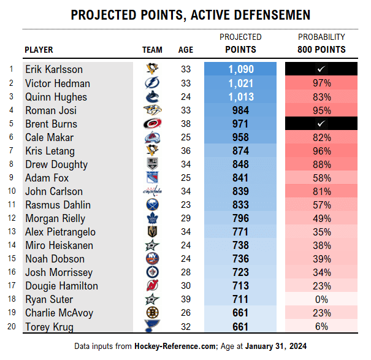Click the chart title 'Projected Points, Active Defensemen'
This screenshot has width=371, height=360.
coord(191,15)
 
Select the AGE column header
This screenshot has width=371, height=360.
coord(186,50)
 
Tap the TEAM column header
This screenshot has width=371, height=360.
coord(152,50)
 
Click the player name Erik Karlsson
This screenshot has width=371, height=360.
coord(54,70)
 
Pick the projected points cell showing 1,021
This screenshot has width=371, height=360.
coord(240,83)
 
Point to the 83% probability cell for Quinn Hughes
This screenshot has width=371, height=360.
coord(321,97)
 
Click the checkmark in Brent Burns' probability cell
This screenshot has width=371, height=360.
coord(321,124)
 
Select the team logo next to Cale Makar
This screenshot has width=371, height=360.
coord(152,137)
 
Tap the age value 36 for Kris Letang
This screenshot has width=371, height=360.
coord(186,151)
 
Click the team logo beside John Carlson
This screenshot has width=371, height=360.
coord(152,191)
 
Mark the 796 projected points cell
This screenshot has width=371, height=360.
coord(240,218)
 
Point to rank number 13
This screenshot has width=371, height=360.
coord(11,232)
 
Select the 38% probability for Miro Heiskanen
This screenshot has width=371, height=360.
coord(321,245)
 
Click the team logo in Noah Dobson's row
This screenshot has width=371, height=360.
coord(152,259)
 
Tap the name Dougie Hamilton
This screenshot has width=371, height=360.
coord(59,286)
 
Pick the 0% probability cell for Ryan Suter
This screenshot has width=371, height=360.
coord(321,299)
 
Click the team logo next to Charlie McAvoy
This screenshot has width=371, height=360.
coord(152,313)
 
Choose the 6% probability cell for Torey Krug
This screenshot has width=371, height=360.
coord(321,326)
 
